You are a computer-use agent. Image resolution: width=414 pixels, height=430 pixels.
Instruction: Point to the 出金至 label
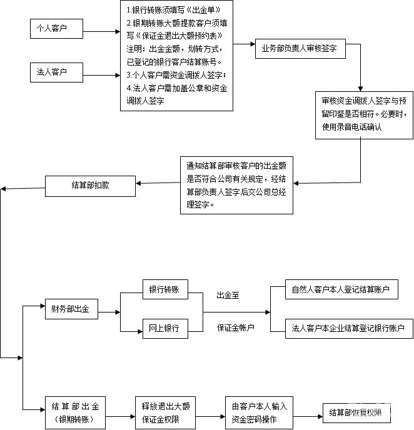[x=228, y=294]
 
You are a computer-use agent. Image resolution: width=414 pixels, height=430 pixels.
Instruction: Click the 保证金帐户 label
[x=236, y=327]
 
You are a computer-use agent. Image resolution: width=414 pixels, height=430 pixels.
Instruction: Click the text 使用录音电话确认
[x=352, y=126]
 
